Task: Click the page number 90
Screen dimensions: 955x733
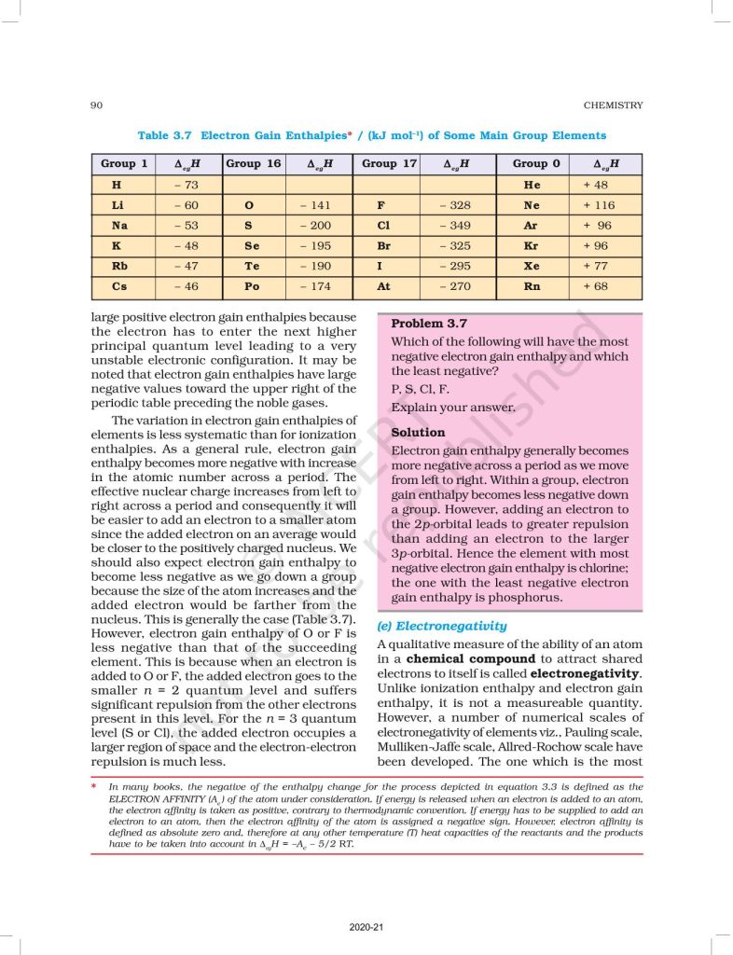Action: pos(96,105)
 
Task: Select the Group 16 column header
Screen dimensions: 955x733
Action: pos(253,163)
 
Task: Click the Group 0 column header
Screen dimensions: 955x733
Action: pos(536,163)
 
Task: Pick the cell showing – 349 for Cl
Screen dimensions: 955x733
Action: pos(455,226)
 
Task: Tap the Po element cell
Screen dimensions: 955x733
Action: pos(250,287)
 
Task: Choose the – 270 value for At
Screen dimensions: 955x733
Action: pos(455,287)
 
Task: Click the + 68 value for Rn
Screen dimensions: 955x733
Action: pos(595,287)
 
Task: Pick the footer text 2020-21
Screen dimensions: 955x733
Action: pos(366,927)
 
